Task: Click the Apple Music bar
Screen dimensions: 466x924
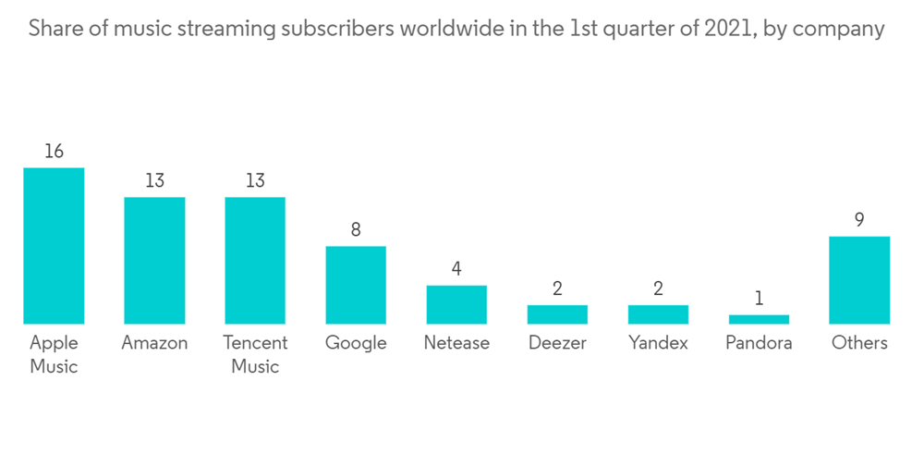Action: click(54, 246)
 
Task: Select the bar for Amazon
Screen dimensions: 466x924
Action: click(154, 260)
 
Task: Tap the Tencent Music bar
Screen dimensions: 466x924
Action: click(255, 260)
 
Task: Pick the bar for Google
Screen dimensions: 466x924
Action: click(356, 285)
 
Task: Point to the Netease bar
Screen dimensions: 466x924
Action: click(456, 304)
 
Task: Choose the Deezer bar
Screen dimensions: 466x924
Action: click(557, 314)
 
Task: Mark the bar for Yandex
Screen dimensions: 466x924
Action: click(658, 314)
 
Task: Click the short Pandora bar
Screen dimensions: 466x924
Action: click(759, 319)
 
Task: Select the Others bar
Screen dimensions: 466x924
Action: click(859, 280)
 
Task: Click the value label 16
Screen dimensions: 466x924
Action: click(54, 152)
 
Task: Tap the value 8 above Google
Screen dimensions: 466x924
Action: click(356, 229)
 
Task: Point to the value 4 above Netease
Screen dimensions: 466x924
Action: click(456, 269)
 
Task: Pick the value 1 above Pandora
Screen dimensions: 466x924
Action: click(759, 299)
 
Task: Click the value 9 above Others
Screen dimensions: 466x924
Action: click(859, 220)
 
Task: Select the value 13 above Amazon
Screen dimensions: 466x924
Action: click(154, 181)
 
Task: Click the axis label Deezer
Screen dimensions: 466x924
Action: click(557, 343)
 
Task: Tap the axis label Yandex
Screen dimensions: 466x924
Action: click(658, 343)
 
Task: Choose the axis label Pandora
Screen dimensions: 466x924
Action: click(759, 343)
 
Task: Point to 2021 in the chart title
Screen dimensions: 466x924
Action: click(729, 29)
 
